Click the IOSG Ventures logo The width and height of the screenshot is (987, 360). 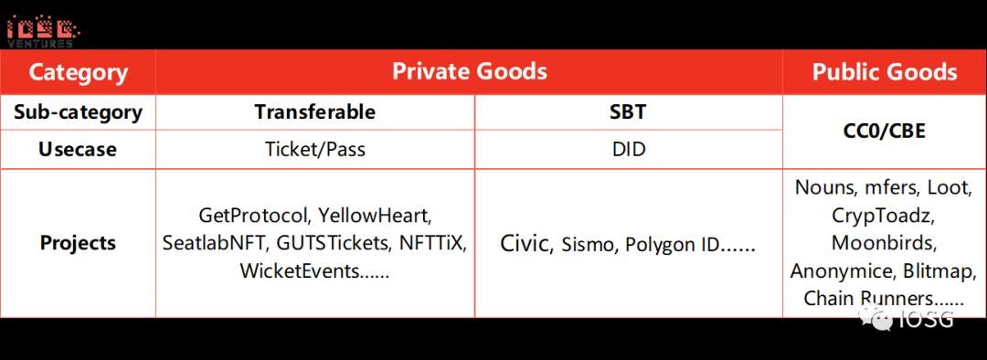(x=43, y=31)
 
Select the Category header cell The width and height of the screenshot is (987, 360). (x=78, y=72)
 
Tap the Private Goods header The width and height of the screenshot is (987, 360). (x=470, y=71)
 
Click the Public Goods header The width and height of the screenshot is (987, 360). (x=885, y=72)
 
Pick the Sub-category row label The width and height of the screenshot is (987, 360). (x=78, y=112)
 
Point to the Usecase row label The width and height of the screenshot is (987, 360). (x=78, y=150)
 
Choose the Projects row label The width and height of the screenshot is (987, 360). (x=78, y=243)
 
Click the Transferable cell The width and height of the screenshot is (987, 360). (x=314, y=112)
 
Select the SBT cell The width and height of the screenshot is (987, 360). (x=628, y=112)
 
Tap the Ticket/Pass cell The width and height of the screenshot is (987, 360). (x=314, y=150)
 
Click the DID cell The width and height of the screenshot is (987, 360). (x=628, y=150)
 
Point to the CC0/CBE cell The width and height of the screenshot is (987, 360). (x=885, y=131)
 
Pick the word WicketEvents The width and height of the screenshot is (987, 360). (x=299, y=272)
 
